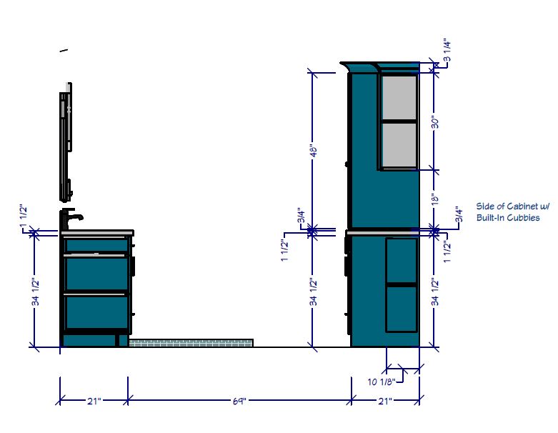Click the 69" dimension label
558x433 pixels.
point(239,401)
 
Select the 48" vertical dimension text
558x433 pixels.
point(313,151)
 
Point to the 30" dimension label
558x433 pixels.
point(435,122)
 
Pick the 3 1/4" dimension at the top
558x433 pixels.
point(447,51)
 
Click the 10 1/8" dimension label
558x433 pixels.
point(382,382)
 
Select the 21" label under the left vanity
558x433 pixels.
point(94,401)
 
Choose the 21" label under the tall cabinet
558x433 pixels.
point(385,401)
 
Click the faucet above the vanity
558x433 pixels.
point(68,219)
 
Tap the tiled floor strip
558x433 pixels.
point(191,343)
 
